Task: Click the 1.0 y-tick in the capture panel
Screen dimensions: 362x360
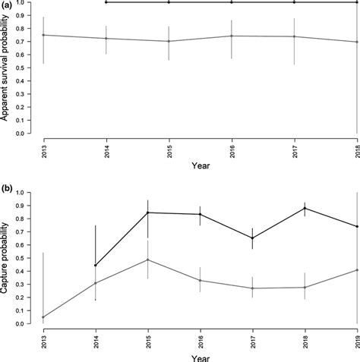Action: pos(27,193)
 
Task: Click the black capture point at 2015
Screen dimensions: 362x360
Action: pos(169,212)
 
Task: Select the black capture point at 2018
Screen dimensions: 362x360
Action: pos(294,208)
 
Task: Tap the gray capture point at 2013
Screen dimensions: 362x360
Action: pos(43,317)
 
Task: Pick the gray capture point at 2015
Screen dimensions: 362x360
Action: pos(169,260)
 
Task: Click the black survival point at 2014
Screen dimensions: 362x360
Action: pos(106,2)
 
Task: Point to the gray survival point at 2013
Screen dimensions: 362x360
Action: pos(43,35)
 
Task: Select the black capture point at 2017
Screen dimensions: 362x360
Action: pos(232,238)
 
